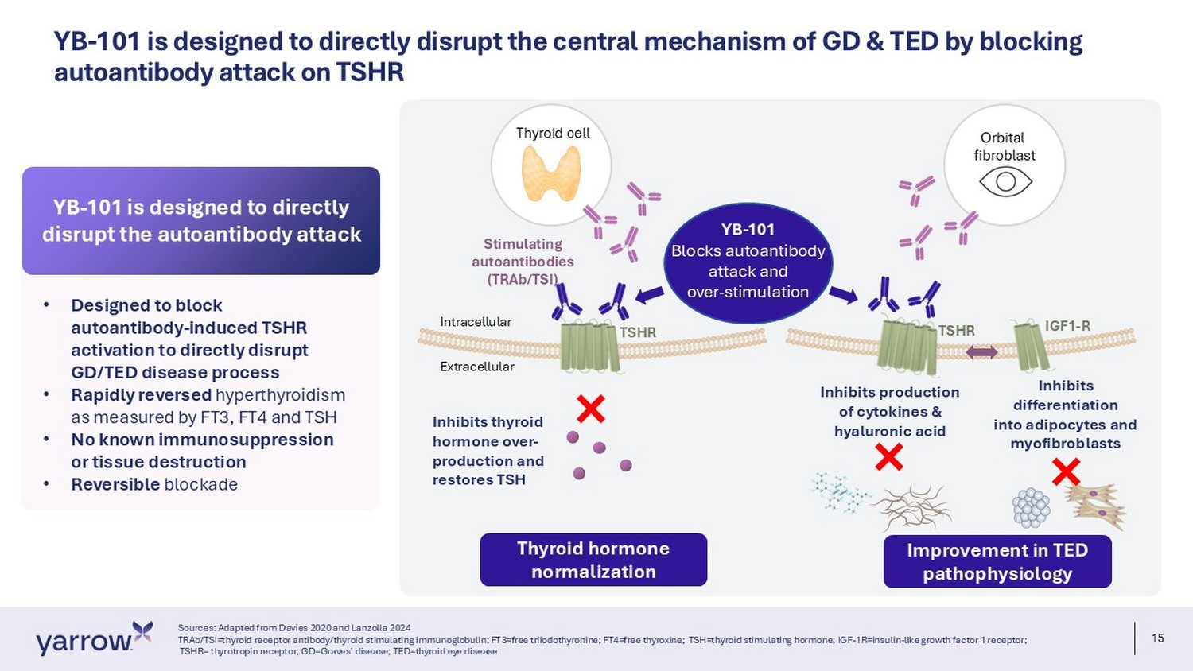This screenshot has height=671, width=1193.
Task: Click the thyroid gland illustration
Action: (x=550, y=173)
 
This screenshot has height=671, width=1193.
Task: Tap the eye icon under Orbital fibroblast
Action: (x=1005, y=181)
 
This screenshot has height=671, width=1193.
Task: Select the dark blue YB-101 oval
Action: (x=748, y=263)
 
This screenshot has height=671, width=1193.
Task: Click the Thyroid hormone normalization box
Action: (x=593, y=560)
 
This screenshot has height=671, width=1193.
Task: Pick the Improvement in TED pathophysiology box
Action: (x=997, y=562)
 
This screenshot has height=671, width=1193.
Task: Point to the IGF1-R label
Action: (x=1067, y=326)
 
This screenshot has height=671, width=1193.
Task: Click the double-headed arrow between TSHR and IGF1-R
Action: (x=981, y=352)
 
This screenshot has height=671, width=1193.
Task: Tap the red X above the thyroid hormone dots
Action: (x=591, y=409)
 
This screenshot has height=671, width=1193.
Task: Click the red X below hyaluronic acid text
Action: (x=889, y=457)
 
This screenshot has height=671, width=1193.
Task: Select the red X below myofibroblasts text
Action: (x=1067, y=471)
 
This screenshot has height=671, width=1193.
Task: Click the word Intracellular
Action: (x=476, y=322)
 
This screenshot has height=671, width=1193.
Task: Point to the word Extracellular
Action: (x=477, y=367)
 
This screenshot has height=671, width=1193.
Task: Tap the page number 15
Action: (x=1157, y=638)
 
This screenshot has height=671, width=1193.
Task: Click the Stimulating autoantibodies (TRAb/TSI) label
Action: (x=523, y=262)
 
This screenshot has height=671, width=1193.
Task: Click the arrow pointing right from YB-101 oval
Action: (x=843, y=294)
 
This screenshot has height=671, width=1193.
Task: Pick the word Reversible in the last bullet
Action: (x=115, y=484)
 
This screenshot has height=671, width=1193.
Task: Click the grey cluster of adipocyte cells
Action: (x=1031, y=507)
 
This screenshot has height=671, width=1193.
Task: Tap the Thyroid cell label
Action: (x=553, y=133)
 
